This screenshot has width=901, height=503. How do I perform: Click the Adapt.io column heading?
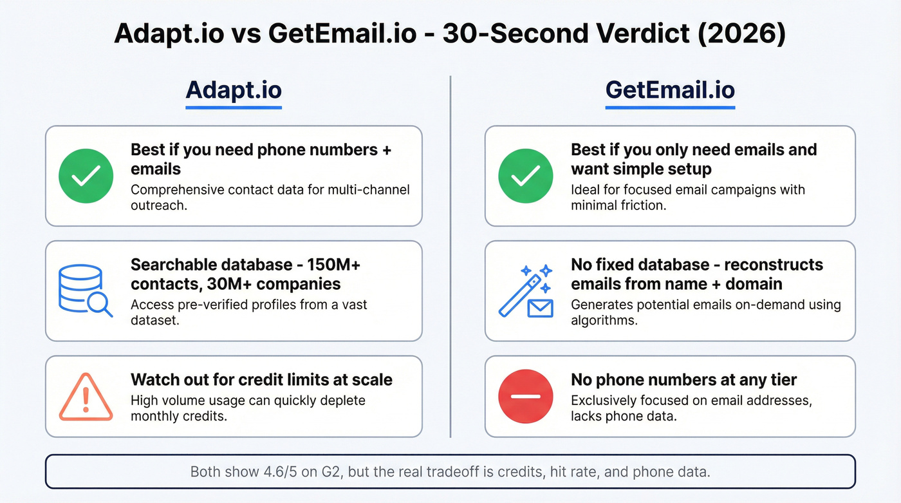[234, 90]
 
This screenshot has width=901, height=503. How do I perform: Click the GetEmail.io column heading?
[670, 90]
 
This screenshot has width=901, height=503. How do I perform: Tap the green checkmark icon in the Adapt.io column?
[85, 176]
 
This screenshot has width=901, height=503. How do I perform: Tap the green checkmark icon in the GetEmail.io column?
[525, 176]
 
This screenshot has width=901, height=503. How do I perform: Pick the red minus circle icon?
[525, 395]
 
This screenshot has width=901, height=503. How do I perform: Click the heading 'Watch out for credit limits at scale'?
[261, 380]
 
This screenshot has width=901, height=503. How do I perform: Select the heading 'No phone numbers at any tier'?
[683, 380]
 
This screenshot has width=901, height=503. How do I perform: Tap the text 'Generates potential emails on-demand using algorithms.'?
[705, 312]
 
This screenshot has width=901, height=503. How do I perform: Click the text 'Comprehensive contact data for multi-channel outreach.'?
[270, 197]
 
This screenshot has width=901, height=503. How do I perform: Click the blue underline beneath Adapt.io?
[234, 107]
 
